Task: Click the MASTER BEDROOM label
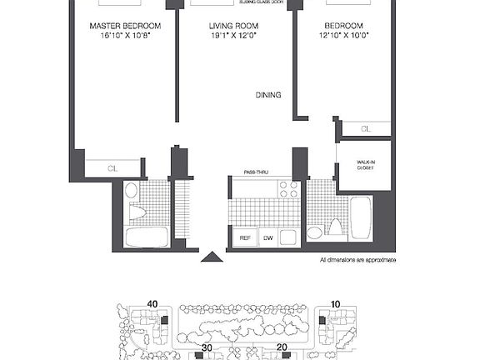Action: pyautogui.click(x=125, y=26)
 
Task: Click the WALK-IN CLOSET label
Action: pyautogui.click(x=365, y=165)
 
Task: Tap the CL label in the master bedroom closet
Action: pyautogui.click(x=112, y=167)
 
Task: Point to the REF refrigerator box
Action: pyautogui.click(x=245, y=238)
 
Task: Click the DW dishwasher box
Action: pyautogui.click(x=267, y=238)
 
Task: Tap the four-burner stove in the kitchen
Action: pyautogui.click(x=288, y=189)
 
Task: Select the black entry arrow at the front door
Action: pyautogui.click(x=212, y=257)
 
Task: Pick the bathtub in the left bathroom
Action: pyautogui.click(x=147, y=236)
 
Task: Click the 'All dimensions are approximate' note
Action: pyautogui.click(x=357, y=260)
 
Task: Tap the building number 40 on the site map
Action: pyautogui.click(x=152, y=303)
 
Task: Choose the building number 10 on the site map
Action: pyautogui.click(x=335, y=303)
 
